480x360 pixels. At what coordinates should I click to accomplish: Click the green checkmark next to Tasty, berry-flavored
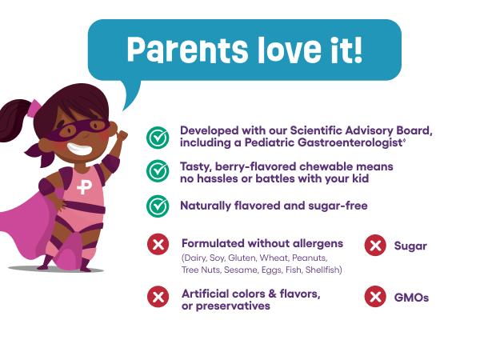tap(158, 170)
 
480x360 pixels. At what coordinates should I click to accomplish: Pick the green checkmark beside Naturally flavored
tap(158, 206)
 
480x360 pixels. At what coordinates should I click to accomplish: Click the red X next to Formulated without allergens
tap(158, 244)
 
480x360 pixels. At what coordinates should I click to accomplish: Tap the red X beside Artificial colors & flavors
tap(158, 297)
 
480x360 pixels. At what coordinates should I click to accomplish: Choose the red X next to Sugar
tap(375, 246)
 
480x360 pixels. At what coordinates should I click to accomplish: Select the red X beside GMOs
tap(375, 297)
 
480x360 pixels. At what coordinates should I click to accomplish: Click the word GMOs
tap(411, 298)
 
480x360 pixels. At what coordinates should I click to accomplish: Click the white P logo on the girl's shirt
tap(84, 188)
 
